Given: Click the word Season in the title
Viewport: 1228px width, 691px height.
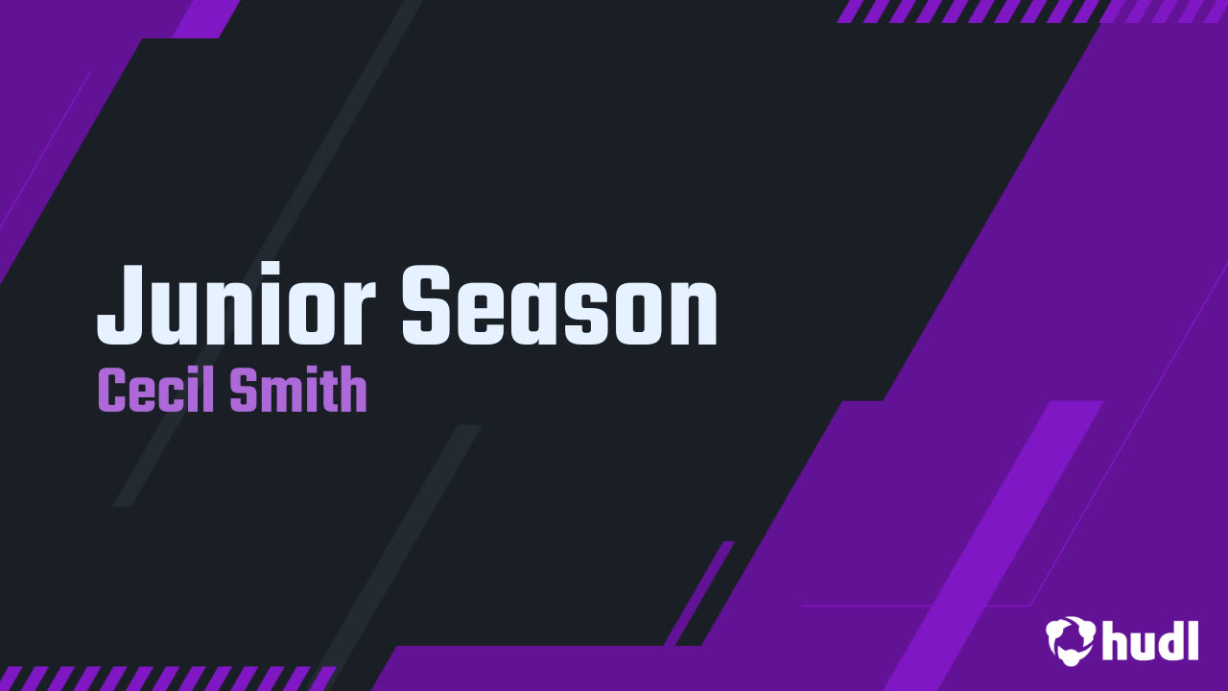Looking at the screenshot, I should pos(559,305).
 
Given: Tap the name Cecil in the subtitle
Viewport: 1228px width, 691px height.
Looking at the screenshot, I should pos(155,392).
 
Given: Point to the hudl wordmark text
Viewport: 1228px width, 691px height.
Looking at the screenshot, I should pos(1150,640).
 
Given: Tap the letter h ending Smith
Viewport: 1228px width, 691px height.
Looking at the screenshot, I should pos(354,392).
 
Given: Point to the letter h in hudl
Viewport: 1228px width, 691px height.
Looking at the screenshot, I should pos(1116,640).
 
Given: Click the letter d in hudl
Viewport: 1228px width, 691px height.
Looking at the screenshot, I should pos(1170,640).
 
